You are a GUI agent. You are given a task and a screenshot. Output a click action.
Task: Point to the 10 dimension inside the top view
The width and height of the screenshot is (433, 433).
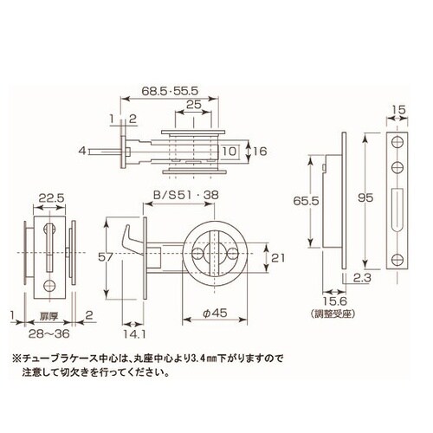229,151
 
